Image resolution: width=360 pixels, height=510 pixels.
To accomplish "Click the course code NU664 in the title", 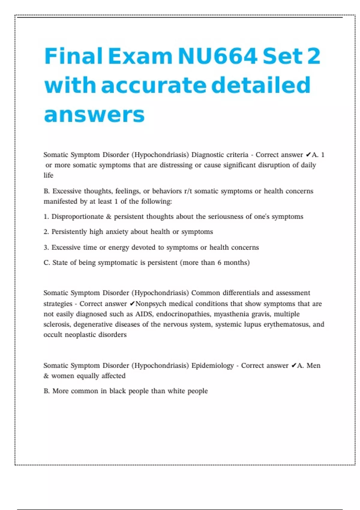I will click(217, 56).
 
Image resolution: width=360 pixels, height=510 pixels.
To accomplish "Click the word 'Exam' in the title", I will click(140, 56).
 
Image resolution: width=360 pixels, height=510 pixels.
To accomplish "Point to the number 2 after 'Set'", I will click(314, 56).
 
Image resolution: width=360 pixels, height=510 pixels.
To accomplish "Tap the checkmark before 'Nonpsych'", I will click(132, 304).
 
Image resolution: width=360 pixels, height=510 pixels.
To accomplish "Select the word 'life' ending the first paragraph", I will click(48, 175).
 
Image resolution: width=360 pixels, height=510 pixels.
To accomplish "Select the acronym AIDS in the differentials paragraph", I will click(144, 314).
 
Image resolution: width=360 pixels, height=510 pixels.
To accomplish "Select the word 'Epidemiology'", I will click(212, 365).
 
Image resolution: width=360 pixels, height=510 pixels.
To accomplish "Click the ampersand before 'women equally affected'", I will click(46, 376).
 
